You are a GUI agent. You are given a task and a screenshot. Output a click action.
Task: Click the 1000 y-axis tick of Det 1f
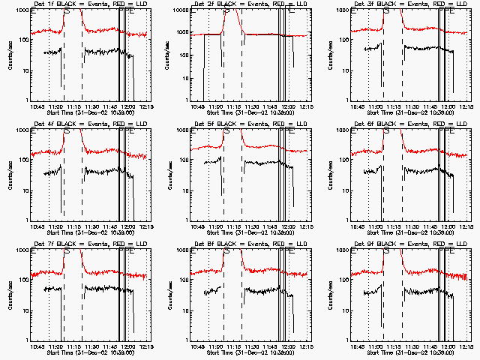(21, 11)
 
